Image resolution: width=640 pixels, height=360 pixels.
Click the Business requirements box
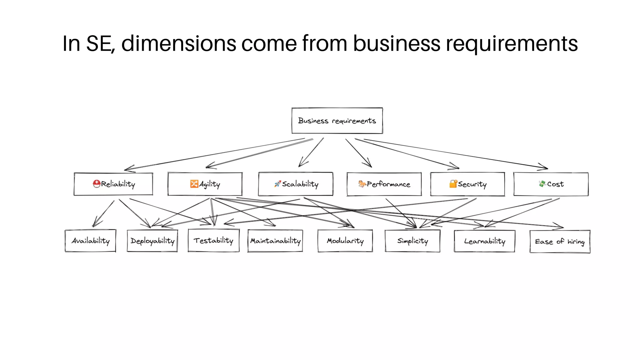(337, 121)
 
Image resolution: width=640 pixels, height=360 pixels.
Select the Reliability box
(113, 184)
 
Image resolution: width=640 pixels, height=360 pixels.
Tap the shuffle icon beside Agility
(194, 184)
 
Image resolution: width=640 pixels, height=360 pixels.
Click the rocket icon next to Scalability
(277, 184)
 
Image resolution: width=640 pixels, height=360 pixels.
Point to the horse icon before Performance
(362, 184)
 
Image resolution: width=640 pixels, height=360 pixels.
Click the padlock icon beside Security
(453, 184)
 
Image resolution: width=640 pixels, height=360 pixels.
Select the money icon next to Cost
(542, 184)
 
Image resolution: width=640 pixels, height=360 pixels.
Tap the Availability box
(90, 241)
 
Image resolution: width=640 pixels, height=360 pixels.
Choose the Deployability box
(152, 241)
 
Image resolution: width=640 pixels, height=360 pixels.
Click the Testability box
(213, 240)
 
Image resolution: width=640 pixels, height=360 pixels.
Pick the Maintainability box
(275, 241)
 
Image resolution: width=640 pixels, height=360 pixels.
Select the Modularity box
(345, 241)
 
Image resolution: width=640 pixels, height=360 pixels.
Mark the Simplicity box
(412, 241)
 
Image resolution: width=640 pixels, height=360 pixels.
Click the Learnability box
(484, 241)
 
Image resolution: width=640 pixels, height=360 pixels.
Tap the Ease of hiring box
(560, 242)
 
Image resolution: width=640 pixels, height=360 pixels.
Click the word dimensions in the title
(179, 43)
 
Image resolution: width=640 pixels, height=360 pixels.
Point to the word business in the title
(397, 43)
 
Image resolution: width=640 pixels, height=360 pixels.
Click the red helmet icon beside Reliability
(97, 184)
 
